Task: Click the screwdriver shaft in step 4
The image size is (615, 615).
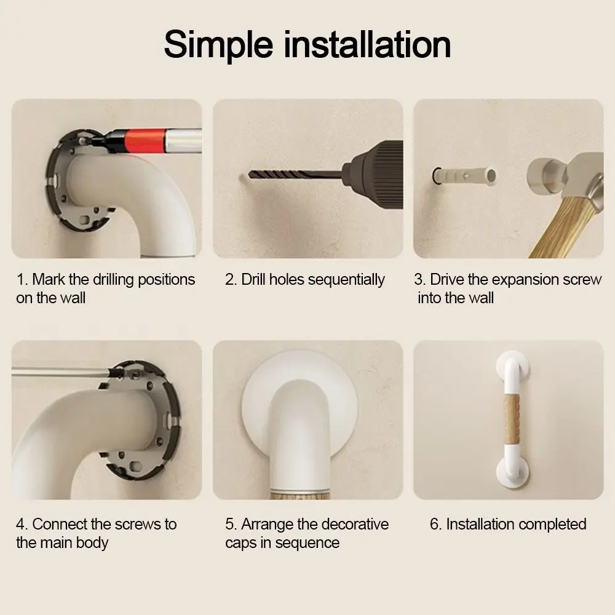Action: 58,371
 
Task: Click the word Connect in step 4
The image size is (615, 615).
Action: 59,525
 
